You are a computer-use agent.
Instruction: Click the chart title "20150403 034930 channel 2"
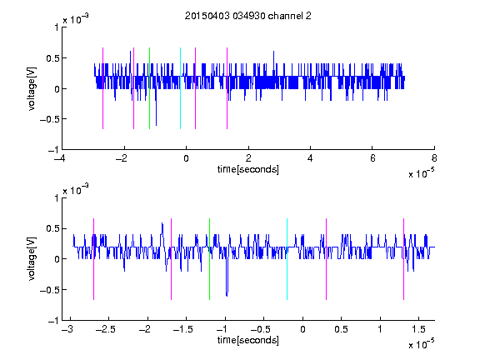248,16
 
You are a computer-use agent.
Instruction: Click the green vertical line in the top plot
149,88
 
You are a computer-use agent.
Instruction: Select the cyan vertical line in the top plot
180,88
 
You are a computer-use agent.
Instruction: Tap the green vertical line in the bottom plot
209,259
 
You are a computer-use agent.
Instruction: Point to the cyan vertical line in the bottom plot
287,259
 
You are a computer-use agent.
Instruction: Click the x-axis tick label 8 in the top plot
434,158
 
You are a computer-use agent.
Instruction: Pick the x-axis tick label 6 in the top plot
372,158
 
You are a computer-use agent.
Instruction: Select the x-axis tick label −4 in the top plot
59,158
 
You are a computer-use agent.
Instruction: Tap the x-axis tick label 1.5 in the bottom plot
418,329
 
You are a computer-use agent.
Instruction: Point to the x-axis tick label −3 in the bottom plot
67,329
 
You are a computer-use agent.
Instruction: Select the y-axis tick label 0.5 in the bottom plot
52,228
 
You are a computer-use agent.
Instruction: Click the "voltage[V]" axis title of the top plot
32,89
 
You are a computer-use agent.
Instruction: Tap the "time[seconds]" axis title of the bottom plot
248,340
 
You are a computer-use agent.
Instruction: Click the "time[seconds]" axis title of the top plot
248,169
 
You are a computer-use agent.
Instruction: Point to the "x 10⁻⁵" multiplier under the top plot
422,173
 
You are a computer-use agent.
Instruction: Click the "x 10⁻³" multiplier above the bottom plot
76,190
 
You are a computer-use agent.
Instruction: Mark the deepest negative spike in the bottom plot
227,296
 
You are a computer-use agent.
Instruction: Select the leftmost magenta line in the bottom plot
93,259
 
